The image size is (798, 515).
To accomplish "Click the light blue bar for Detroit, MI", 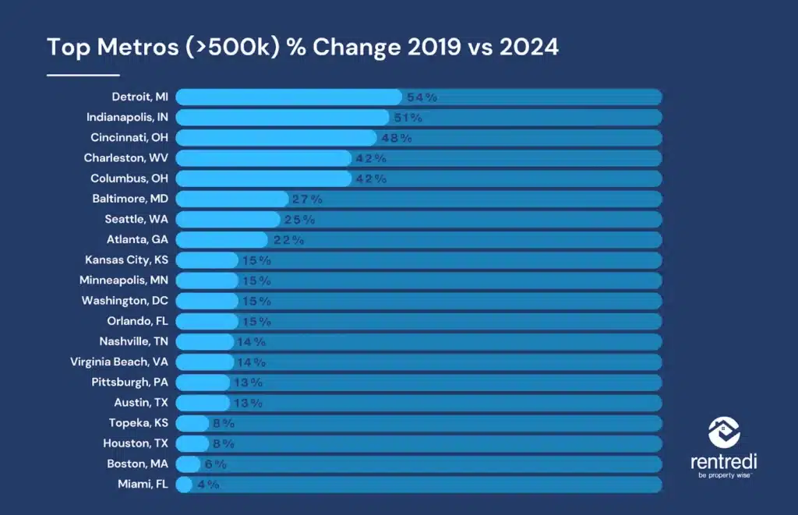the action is click(x=288, y=97).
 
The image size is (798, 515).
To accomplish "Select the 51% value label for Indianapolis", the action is click(x=408, y=118).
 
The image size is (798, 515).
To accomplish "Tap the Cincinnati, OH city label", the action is click(x=129, y=137).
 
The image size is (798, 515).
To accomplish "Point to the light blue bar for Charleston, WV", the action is click(x=263, y=157).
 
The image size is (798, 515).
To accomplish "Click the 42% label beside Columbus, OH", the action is click(x=371, y=178).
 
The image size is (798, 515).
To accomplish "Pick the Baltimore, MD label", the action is click(x=130, y=199).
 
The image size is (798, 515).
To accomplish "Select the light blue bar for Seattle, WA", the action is click(x=228, y=220).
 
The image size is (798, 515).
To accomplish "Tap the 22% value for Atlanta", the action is click(x=288, y=240).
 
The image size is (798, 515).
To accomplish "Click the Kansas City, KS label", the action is click(x=127, y=260).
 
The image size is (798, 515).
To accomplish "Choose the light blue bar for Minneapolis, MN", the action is click(x=207, y=280).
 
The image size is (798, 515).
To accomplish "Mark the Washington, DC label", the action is click(x=125, y=301).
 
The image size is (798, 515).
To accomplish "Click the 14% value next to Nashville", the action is click(x=252, y=342).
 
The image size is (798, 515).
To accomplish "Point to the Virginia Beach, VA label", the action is click(x=119, y=362).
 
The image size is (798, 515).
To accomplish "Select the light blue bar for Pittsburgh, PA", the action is click(x=203, y=383).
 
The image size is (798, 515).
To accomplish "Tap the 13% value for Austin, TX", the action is click(x=248, y=403).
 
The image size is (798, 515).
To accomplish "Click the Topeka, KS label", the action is click(x=139, y=423).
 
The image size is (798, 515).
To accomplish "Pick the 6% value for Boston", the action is click(x=215, y=464).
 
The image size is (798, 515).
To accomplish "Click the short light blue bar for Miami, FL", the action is click(x=184, y=485).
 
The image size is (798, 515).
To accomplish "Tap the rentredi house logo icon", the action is click(x=724, y=432).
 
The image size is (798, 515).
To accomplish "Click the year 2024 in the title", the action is click(x=529, y=47).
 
